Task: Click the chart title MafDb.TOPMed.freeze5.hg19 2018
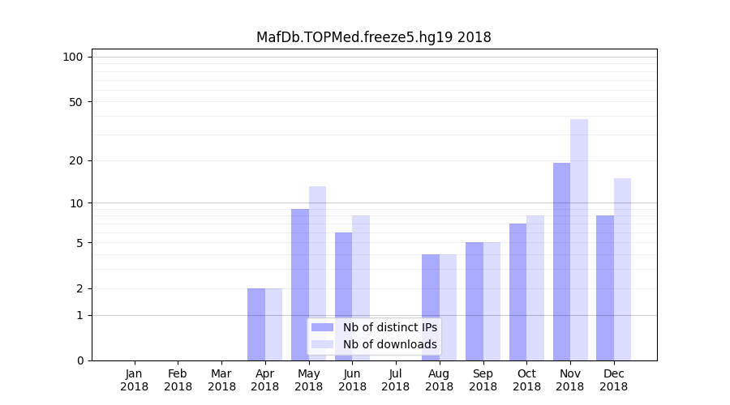[x=373, y=37]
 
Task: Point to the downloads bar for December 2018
[x=622, y=269]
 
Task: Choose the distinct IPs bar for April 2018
[x=256, y=324]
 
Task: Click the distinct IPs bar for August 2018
[x=431, y=308]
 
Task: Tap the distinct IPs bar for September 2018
[x=474, y=301]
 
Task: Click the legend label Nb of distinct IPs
[x=389, y=327]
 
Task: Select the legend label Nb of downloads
[x=389, y=344]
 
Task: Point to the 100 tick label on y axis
[x=73, y=57]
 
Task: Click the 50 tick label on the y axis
[x=76, y=102]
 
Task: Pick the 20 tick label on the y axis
[x=76, y=160]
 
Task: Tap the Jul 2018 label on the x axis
[x=396, y=380]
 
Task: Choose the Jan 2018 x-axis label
[x=135, y=380]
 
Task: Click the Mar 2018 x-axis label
[x=221, y=380]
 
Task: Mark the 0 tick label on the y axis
[x=79, y=360]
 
